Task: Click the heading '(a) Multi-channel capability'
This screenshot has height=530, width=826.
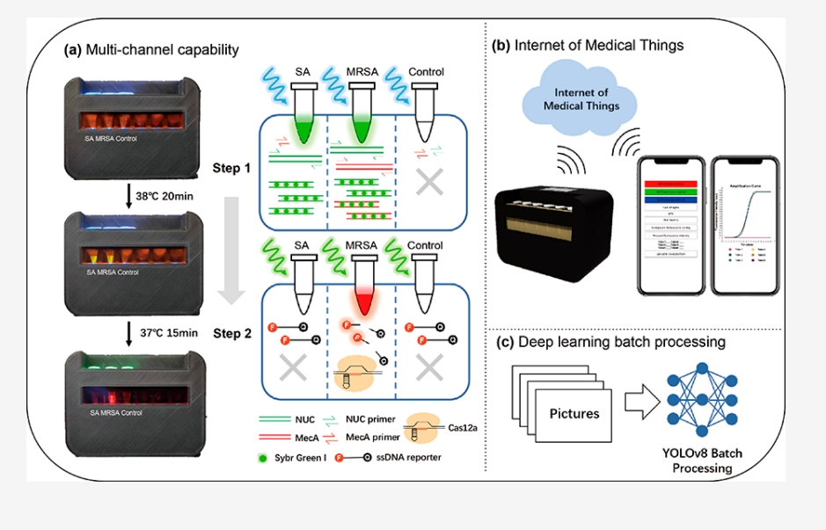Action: click(151, 50)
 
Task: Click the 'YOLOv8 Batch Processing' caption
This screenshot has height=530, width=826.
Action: click(702, 461)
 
